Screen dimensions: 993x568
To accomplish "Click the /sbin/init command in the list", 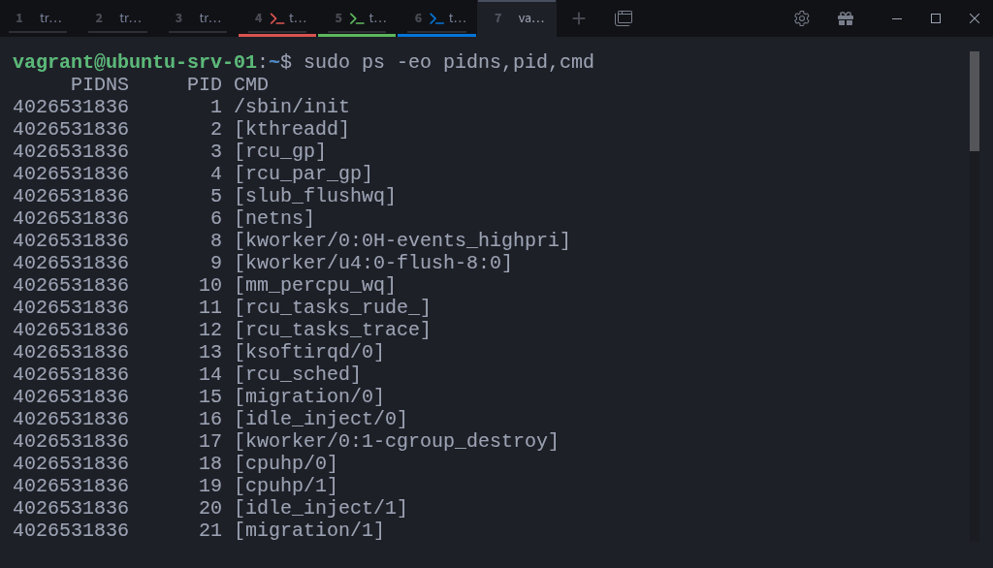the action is click(291, 107).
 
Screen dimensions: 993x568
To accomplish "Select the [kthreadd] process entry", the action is click(291, 129).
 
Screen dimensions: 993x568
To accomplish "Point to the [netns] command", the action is click(273, 218).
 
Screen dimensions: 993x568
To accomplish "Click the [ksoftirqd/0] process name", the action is click(308, 352).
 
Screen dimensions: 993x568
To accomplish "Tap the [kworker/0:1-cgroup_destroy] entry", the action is click(396, 441).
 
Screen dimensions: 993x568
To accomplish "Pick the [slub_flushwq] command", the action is click(314, 196).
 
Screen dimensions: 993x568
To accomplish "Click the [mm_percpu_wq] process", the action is click(314, 285).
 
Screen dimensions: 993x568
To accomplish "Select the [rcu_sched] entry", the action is click(297, 374).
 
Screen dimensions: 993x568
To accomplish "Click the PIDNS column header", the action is click(99, 84).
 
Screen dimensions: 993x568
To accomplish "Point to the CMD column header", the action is click(250, 84).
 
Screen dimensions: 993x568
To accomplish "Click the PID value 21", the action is click(210, 530).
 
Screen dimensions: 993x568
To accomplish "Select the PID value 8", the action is click(216, 240).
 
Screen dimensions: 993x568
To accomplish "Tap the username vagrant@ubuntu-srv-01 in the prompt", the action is click(134, 62).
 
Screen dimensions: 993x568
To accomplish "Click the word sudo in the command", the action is click(327, 62).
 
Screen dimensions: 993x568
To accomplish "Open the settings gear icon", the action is click(801, 18).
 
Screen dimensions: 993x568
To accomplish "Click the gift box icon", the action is click(846, 18).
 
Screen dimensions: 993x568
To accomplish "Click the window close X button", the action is click(975, 18).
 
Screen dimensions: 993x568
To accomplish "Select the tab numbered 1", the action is click(38, 18).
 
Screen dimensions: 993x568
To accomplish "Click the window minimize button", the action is click(896, 18).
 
